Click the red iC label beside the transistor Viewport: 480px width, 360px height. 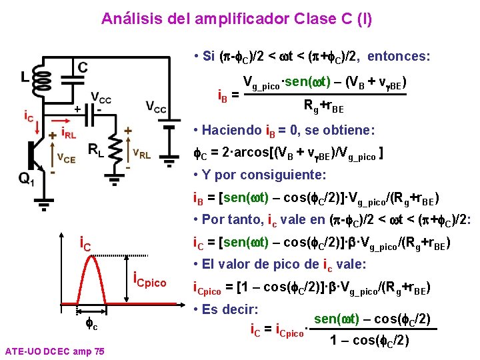[27, 117]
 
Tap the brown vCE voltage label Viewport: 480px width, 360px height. [65, 158]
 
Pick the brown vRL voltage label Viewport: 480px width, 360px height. [141, 155]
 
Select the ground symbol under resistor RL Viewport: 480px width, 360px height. [115, 175]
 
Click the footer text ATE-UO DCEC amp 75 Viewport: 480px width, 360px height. [53, 351]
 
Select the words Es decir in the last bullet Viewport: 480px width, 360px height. [231, 309]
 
